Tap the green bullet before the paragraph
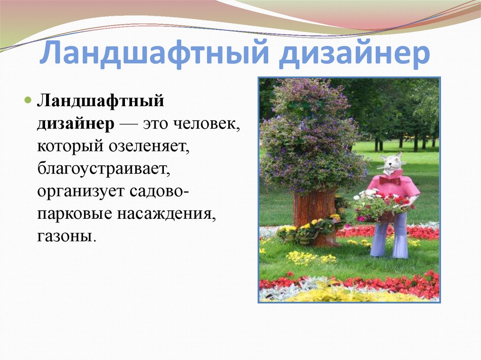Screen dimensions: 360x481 (x=28, y=100)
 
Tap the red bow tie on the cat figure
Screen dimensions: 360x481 (x=389, y=180)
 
